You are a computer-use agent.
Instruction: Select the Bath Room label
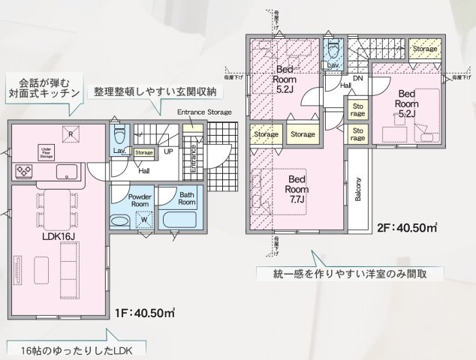[188, 199]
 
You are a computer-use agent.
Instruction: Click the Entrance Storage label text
[204, 112]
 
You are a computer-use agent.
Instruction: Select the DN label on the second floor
[358, 78]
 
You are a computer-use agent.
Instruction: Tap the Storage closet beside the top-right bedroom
[424, 49]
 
